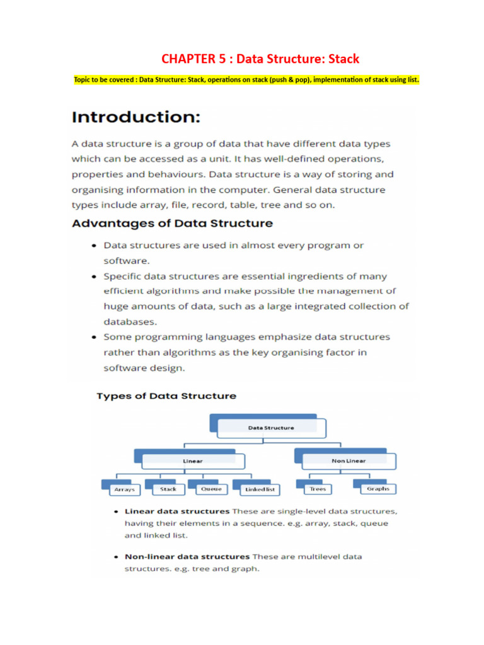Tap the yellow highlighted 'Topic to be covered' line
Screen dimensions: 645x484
click(246, 80)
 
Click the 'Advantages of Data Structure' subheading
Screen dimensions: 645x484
click(172, 223)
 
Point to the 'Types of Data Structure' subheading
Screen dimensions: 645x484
click(166, 396)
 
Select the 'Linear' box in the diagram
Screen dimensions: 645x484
click(192, 460)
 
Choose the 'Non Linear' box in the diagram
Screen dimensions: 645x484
click(348, 460)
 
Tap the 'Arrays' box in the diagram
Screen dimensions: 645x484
click(124, 489)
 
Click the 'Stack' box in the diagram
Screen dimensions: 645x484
click(168, 488)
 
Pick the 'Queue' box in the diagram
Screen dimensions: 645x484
click(210, 488)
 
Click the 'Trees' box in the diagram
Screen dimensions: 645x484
click(318, 488)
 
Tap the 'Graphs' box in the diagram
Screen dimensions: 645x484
click(377, 488)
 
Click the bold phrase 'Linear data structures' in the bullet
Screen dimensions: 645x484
click(177, 511)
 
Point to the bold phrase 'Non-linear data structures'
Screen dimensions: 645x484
click(187, 557)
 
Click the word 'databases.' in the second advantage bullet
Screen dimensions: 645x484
click(130, 321)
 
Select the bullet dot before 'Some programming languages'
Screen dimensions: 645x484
click(93, 337)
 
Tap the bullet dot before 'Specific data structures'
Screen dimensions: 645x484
click(93, 277)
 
